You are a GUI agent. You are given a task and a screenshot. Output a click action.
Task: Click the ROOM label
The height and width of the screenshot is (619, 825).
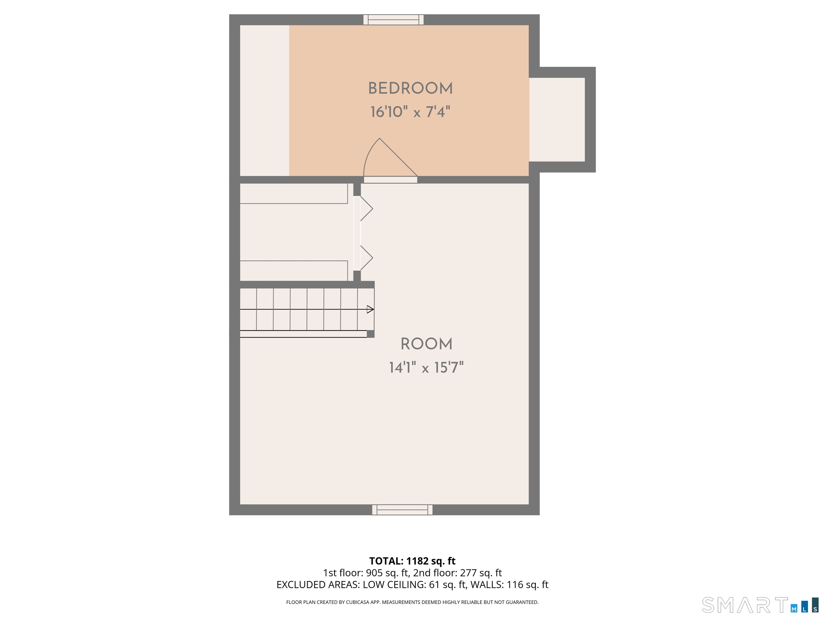426,344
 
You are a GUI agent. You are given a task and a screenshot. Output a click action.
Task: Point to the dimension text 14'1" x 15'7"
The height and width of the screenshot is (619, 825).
426,368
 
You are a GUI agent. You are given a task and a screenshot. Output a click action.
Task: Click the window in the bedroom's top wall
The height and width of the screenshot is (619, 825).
393,20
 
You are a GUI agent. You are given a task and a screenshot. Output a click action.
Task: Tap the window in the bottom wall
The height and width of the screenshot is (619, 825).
402,510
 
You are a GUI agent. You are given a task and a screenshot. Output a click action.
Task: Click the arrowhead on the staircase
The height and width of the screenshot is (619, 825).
370,309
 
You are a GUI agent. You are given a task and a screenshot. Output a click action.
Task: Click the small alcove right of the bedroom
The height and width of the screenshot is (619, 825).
556,119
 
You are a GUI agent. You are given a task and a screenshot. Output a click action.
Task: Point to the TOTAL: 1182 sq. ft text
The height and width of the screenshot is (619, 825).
412,561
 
